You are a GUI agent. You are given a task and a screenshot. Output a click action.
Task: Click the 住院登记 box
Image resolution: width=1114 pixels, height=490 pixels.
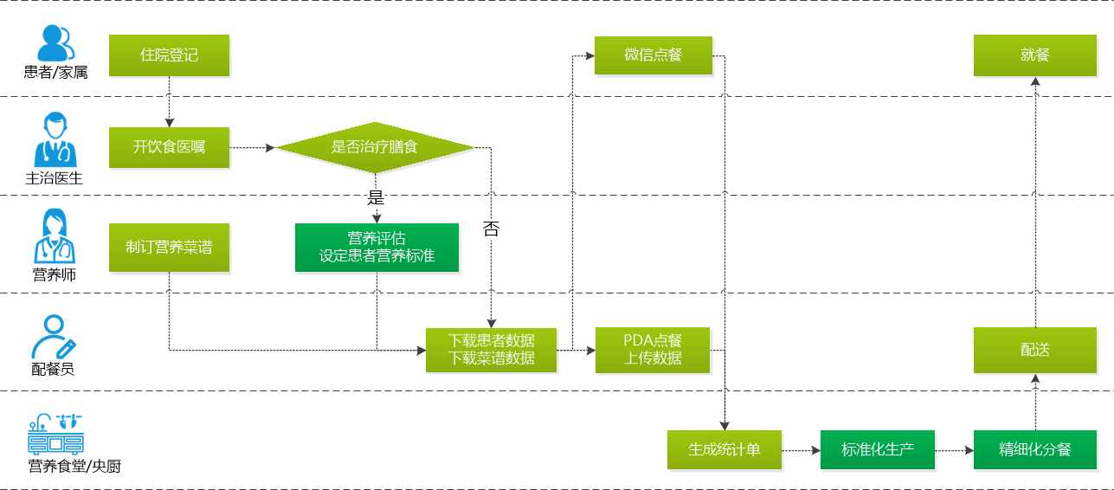pos(169,55)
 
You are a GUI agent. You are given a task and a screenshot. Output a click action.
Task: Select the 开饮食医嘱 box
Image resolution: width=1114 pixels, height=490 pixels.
pos(169,147)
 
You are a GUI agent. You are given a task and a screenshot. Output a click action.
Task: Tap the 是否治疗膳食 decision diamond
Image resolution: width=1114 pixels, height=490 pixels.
pos(375,147)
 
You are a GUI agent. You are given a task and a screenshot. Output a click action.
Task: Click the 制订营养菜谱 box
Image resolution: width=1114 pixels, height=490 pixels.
pos(169,248)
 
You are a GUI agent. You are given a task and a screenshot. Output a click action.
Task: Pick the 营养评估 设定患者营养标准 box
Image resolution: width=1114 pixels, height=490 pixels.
pos(377,248)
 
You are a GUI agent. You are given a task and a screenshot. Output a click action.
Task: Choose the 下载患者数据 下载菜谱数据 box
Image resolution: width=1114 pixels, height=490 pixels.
pos(491,350)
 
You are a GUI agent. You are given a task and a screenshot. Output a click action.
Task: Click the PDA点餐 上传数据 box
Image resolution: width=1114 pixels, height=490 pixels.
pos(653,350)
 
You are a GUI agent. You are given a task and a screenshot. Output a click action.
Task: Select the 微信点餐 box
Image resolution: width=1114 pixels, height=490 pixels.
pos(653,55)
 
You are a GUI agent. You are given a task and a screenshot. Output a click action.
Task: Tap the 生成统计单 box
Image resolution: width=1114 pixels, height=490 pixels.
pos(724,449)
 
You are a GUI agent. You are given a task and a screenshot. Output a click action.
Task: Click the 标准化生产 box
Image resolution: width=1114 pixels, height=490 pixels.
pos(877,449)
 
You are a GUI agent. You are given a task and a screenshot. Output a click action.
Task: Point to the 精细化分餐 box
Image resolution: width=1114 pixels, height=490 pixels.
pos(1034,449)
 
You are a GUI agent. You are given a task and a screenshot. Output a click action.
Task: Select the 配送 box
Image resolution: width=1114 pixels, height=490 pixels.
pos(1034,350)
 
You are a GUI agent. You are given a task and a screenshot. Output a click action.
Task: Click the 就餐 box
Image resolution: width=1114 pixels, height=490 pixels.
pos(1034,55)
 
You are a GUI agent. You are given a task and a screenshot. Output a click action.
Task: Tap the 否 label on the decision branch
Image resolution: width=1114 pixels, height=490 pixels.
pos(491,229)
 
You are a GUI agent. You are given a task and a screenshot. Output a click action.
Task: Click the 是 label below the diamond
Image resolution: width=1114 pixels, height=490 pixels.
pos(376,197)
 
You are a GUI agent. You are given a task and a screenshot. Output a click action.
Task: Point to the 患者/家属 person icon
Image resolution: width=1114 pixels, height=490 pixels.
pos(55,42)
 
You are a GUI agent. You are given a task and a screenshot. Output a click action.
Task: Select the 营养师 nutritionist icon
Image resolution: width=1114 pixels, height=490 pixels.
pos(55,237)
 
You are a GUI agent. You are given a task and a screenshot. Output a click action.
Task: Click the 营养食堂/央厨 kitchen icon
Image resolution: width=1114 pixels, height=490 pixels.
pos(55,435)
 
